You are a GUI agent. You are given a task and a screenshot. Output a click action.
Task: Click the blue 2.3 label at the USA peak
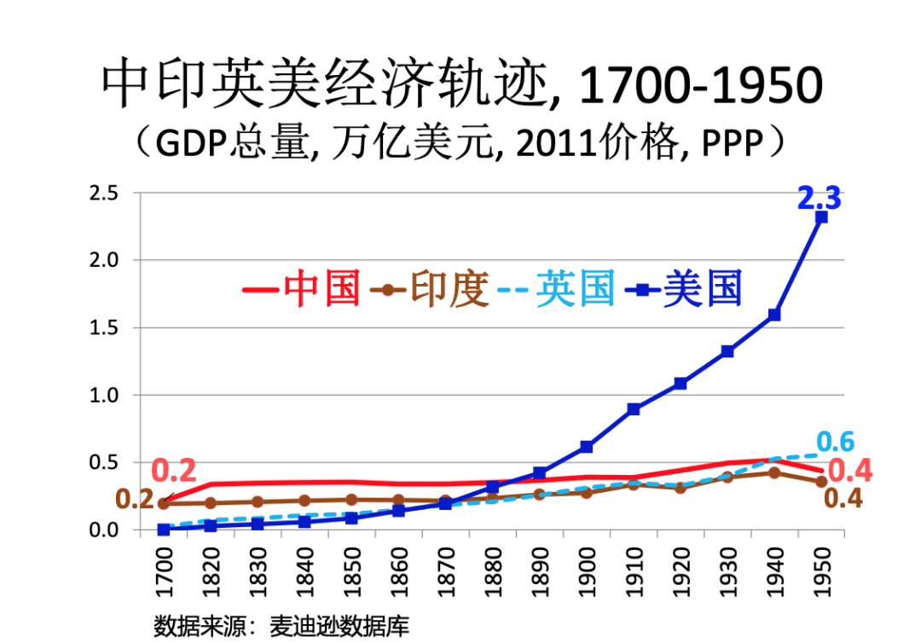[819, 199]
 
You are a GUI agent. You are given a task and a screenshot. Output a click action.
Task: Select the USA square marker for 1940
[774, 315]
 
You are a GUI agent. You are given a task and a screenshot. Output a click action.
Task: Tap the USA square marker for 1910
[634, 409]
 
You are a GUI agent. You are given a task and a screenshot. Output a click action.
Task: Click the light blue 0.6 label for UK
[835, 442]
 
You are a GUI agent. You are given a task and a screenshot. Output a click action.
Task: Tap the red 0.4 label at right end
[850, 471]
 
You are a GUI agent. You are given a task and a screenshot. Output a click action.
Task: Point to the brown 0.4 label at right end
[843, 499]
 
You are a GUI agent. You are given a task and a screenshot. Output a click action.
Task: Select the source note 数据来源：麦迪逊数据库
[281, 625]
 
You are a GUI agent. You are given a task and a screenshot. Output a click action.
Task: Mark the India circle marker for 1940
[774, 472]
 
